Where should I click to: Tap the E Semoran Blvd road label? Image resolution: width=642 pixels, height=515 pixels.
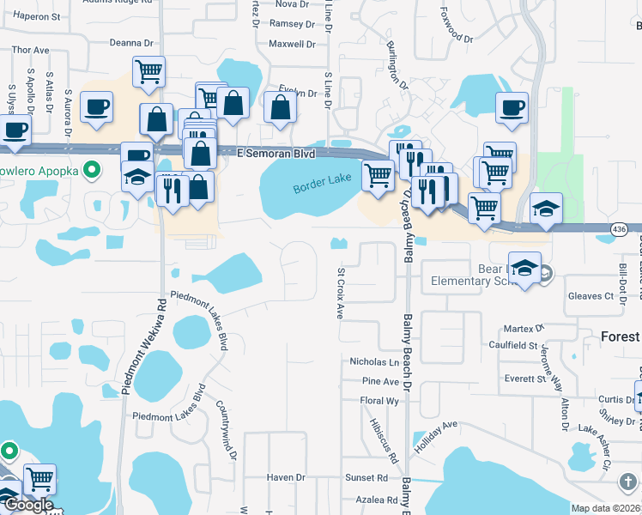[276, 153]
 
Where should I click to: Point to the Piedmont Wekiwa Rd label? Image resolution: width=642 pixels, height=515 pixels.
[139, 347]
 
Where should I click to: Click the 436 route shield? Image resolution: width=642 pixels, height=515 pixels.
[619, 229]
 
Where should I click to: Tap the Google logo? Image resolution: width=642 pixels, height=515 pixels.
[28, 506]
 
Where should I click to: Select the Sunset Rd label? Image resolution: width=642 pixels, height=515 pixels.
[366, 477]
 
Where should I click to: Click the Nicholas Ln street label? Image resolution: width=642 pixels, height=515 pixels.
[374, 362]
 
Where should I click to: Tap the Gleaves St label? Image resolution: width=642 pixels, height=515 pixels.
[591, 296]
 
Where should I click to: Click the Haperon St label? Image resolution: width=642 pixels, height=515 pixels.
[35, 16]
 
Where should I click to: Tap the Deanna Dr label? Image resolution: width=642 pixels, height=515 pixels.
[130, 42]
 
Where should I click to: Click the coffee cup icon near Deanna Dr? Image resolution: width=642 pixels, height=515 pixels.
[96, 106]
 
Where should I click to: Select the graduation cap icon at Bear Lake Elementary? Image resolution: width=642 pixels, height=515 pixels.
[524, 266]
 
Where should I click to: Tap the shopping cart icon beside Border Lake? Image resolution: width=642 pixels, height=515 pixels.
[378, 174]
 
